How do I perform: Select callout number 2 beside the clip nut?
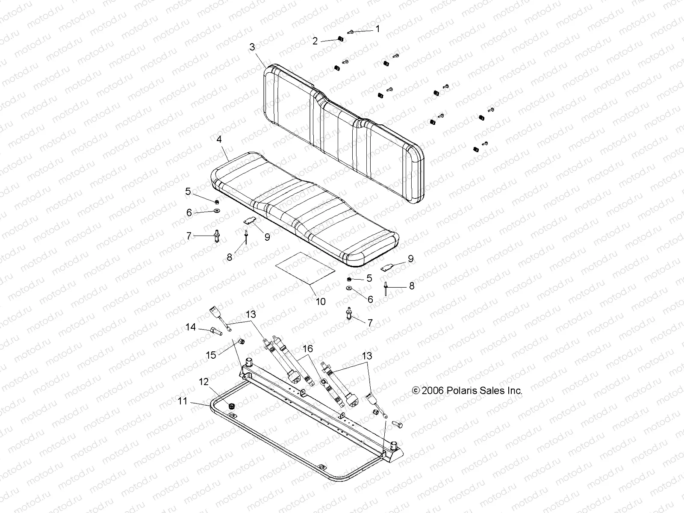[315, 41]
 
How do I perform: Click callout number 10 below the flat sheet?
[320, 301]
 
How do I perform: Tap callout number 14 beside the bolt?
[190, 327]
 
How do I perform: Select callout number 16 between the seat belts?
[307, 349]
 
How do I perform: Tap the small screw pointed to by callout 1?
[350, 32]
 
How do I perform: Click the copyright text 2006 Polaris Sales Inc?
[467, 390]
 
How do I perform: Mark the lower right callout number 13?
[366, 356]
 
